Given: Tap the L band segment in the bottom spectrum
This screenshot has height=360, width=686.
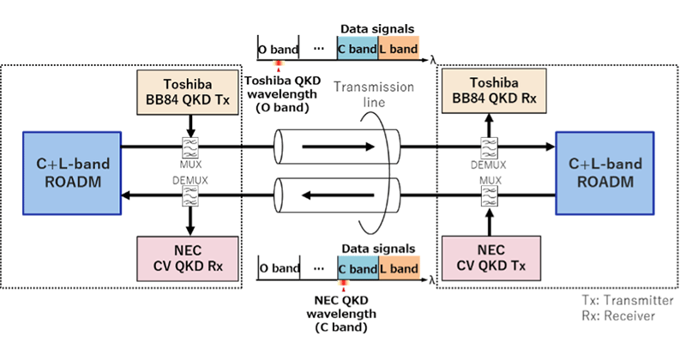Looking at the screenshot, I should tap(399, 268).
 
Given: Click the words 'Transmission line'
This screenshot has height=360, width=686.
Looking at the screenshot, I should tap(374, 94).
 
